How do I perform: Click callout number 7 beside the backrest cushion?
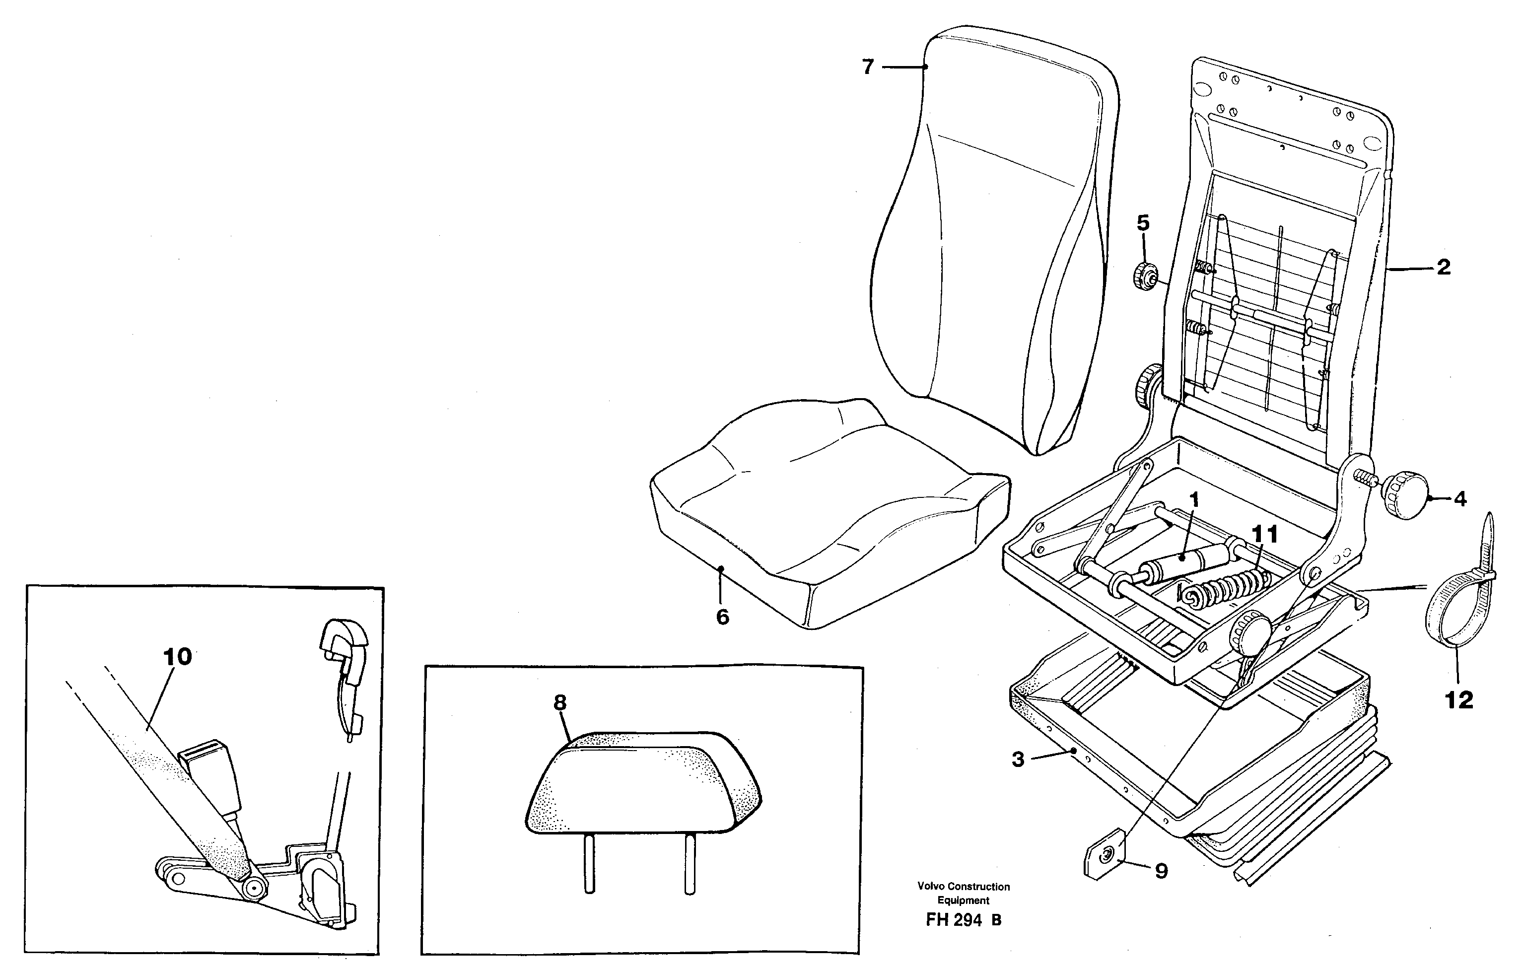(868, 67)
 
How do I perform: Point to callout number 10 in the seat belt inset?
(178, 657)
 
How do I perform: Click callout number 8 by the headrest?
(560, 702)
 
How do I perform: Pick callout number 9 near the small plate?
(1161, 872)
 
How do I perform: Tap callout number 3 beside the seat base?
(1018, 759)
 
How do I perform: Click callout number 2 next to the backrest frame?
(1443, 268)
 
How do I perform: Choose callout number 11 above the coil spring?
(1265, 535)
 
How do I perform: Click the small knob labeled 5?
(1144, 276)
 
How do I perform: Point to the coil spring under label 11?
(1223, 588)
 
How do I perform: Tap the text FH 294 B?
(963, 920)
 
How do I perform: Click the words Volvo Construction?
(963, 886)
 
